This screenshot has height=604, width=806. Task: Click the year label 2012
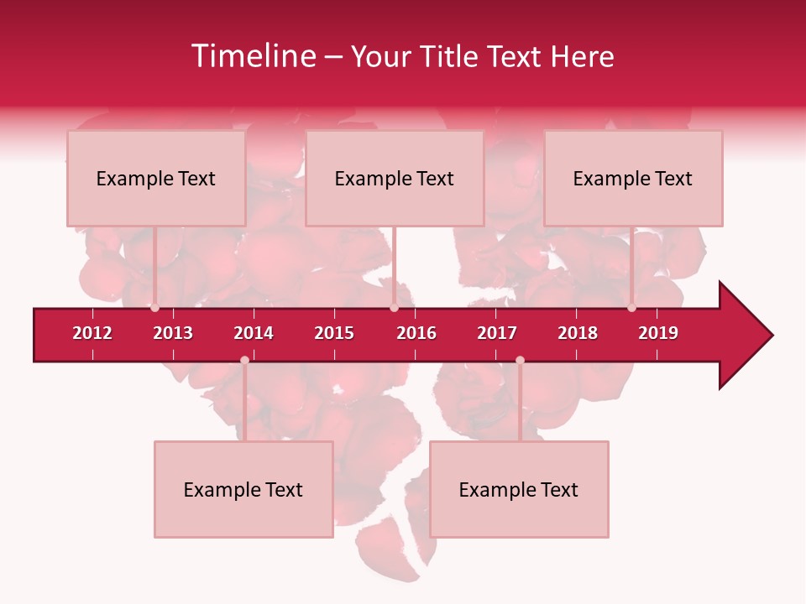[x=92, y=333]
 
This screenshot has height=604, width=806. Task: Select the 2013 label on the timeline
[x=173, y=333]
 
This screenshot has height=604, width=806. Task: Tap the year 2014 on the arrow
[x=254, y=333]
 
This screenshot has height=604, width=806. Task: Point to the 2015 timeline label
[x=334, y=333]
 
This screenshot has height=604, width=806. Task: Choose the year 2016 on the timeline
[x=416, y=333]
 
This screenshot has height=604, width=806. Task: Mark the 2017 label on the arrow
[x=497, y=333]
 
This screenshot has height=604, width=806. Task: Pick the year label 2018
[x=578, y=333]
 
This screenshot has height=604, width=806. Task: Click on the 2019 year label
[x=658, y=333]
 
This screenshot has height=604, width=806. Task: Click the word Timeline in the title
[x=254, y=56]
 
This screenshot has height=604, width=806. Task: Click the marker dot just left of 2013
[x=154, y=308]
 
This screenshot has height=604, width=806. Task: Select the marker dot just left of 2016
[x=394, y=308]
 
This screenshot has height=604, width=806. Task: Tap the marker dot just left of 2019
[x=631, y=308]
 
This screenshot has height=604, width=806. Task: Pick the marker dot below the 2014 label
[x=244, y=360]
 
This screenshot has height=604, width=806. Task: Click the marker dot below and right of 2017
[x=520, y=360]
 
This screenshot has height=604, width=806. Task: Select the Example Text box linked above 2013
[x=156, y=179]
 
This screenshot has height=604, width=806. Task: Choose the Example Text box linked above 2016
[x=395, y=179]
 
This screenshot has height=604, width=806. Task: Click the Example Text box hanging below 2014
[x=243, y=490]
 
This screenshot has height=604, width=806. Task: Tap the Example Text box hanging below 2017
[x=519, y=490]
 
